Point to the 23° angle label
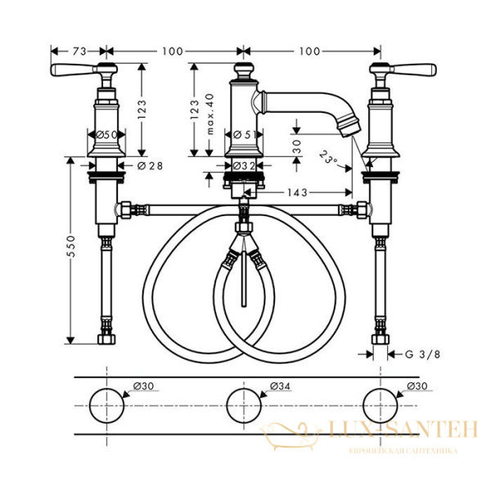click(329, 155)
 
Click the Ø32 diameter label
click(241, 165)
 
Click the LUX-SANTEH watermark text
click(406, 429)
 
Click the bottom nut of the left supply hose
click(106, 338)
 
